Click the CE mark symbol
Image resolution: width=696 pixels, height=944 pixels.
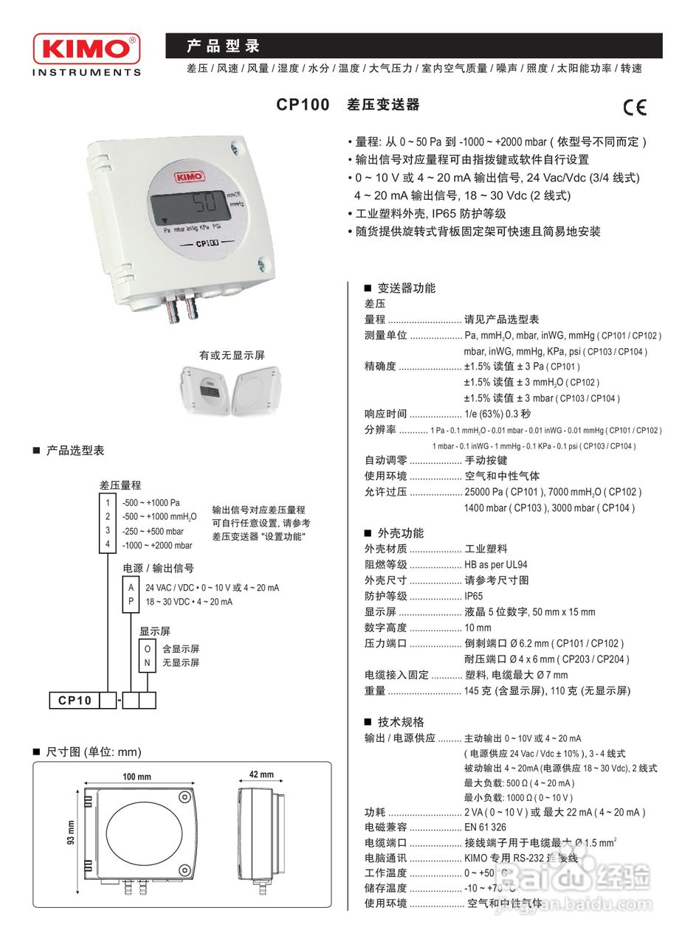click(x=634, y=108)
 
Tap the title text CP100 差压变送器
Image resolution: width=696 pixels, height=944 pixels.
click(x=348, y=105)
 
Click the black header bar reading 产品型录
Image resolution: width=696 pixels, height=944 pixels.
click(x=413, y=46)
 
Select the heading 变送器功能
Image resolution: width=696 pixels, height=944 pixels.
click(x=406, y=288)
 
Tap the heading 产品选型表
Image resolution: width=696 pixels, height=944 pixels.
click(x=75, y=450)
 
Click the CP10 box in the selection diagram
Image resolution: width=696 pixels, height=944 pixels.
click(x=75, y=701)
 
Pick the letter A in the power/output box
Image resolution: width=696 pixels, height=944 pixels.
click(x=131, y=587)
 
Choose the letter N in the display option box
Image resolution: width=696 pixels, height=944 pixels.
click(x=148, y=662)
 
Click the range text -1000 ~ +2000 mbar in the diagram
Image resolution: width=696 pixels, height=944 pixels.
click(x=157, y=545)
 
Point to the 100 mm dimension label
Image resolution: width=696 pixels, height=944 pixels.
click(x=137, y=777)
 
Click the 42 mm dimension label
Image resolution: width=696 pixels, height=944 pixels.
click(x=261, y=774)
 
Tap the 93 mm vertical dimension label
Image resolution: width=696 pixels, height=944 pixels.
click(x=72, y=834)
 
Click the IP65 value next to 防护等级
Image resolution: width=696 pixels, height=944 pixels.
click(x=473, y=596)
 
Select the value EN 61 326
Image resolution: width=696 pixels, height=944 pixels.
click(x=485, y=827)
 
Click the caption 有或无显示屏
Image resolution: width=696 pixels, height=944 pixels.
click(x=231, y=355)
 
